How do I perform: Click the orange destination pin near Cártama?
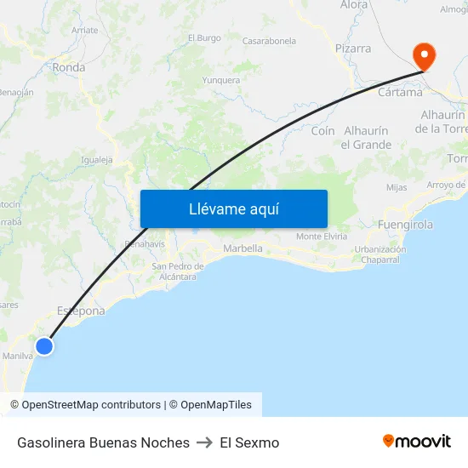(x=423, y=56)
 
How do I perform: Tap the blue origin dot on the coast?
(x=44, y=345)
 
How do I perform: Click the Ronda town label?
(x=69, y=67)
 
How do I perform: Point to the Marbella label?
(x=243, y=248)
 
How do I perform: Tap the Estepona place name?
(x=81, y=311)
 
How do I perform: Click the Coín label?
(x=322, y=131)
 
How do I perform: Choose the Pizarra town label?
(x=353, y=49)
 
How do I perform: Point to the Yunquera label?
(x=220, y=81)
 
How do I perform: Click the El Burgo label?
(x=204, y=37)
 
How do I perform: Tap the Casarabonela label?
(x=269, y=41)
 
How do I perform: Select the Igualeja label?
(x=96, y=159)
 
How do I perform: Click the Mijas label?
(x=397, y=187)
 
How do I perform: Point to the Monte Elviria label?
(x=321, y=236)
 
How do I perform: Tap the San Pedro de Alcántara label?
(x=178, y=271)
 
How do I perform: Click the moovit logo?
(x=417, y=442)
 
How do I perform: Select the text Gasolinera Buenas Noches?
(x=103, y=442)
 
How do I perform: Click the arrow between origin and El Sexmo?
(x=204, y=442)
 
